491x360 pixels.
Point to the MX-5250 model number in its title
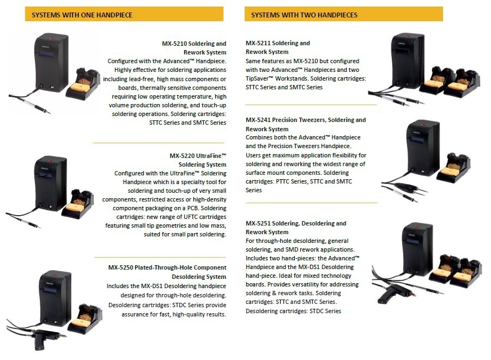click(x=120, y=267)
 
